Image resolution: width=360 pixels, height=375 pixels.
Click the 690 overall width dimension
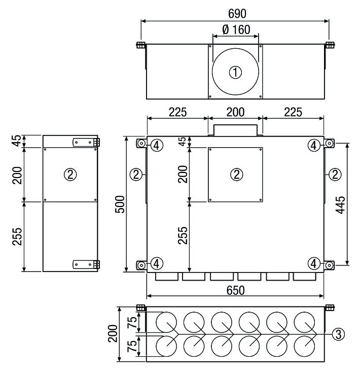237,14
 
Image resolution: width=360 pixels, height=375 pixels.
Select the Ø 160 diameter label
236,29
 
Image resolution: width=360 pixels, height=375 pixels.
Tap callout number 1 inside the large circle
235,72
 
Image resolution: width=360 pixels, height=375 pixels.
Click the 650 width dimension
235,290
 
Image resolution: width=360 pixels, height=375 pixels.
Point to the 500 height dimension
120,204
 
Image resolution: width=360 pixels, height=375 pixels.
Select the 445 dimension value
340,204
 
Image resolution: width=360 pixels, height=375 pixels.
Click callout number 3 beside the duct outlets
338,334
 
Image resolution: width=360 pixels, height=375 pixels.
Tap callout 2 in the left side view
70,175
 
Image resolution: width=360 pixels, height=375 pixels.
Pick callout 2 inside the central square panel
237,175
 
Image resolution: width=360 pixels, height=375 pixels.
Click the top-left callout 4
157,145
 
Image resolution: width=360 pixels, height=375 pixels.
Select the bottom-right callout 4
314,263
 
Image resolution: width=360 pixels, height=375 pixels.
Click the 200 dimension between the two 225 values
235,112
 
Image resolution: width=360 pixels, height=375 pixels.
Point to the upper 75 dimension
132,322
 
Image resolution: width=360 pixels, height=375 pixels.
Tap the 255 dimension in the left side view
17,236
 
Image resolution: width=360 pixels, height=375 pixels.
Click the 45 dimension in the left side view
17,141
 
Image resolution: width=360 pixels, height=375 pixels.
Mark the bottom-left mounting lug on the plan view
141,265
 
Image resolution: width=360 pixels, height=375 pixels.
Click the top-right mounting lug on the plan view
329,144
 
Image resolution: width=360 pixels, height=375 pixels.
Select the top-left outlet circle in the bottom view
166,322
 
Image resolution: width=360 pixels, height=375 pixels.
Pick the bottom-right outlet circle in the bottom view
304,346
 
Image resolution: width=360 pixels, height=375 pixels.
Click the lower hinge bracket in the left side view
86,264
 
